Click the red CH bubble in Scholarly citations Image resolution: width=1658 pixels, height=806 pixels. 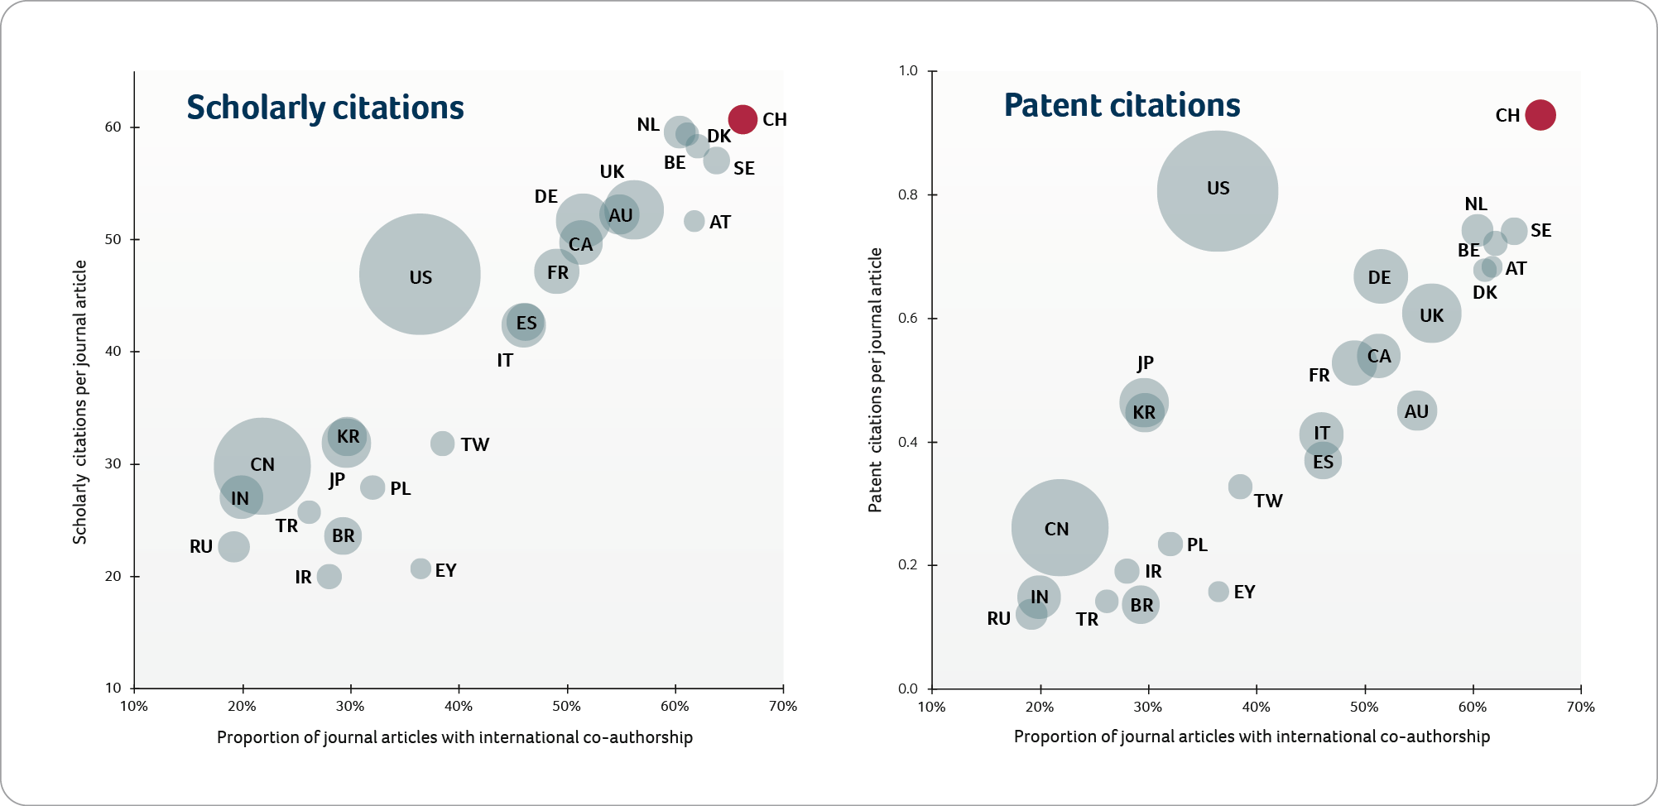(x=742, y=119)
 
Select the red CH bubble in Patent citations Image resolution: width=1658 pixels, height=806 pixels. (x=1540, y=115)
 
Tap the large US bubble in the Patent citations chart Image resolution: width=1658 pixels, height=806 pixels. (x=1217, y=191)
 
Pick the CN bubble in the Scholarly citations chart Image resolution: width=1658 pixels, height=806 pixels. (x=262, y=466)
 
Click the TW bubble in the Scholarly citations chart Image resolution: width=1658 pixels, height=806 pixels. (x=442, y=444)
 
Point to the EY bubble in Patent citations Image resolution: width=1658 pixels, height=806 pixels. (x=1218, y=592)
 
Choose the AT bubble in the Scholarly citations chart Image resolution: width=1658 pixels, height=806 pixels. (x=694, y=221)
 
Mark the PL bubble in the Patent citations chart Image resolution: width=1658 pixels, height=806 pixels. (x=1170, y=544)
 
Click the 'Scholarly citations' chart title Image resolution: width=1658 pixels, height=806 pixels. (x=325, y=108)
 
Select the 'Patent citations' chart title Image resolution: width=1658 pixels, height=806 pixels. (x=1122, y=105)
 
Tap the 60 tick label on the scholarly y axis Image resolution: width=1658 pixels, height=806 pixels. (x=113, y=127)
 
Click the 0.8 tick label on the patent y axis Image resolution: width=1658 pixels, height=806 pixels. (x=908, y=195)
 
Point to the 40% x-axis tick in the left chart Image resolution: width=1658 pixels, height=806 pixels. (x=459, y=707)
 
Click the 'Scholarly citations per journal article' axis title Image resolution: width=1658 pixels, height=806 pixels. (x=79, y=402)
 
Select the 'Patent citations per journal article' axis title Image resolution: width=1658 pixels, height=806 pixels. (x=875, y=380)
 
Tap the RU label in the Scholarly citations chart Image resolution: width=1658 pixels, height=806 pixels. (x=201, y=547)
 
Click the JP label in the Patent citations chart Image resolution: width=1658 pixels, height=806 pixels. (x=1145, y=363)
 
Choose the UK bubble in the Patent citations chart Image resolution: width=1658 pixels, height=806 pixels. (x=1431, y=314)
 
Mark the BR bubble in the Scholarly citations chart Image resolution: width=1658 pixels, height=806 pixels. (x=343, y=536)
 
